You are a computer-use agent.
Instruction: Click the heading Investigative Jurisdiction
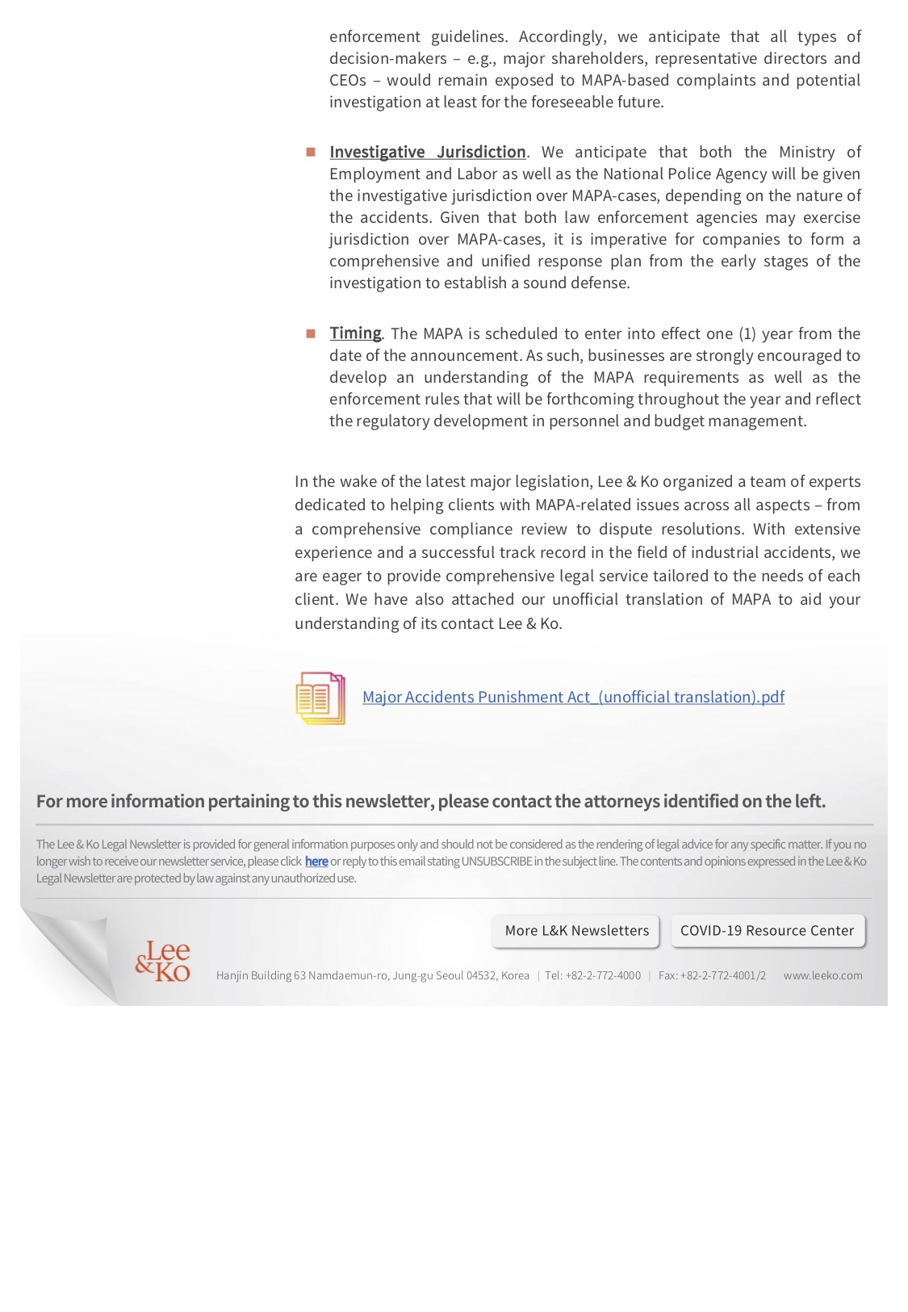(x=427, y=152)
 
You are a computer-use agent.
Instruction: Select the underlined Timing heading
(x=355, y=333)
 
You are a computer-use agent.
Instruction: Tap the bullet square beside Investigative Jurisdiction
(x=311, y=152)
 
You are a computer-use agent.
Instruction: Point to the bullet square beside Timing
(x=311, y=333)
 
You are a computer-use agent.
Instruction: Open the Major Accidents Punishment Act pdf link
(x=573, y=697)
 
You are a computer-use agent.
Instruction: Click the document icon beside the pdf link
(x=320, y=698)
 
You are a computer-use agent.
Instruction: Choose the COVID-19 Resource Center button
(x=767, y=930)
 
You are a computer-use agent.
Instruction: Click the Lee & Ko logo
(x=163, y=961)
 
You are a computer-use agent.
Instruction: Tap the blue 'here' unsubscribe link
(x=316, y=861)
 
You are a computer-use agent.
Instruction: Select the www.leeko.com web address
(x=822, y=975)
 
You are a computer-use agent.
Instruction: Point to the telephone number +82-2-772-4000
(x=603, y=975)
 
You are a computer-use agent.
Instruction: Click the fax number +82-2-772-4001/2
(x=722, y=975)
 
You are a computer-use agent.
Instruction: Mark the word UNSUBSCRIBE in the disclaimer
(x=496, y=861)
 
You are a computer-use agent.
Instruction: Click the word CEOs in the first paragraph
(x=348, y=80)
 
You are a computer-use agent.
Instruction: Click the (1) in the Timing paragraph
(x=747, y=333)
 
